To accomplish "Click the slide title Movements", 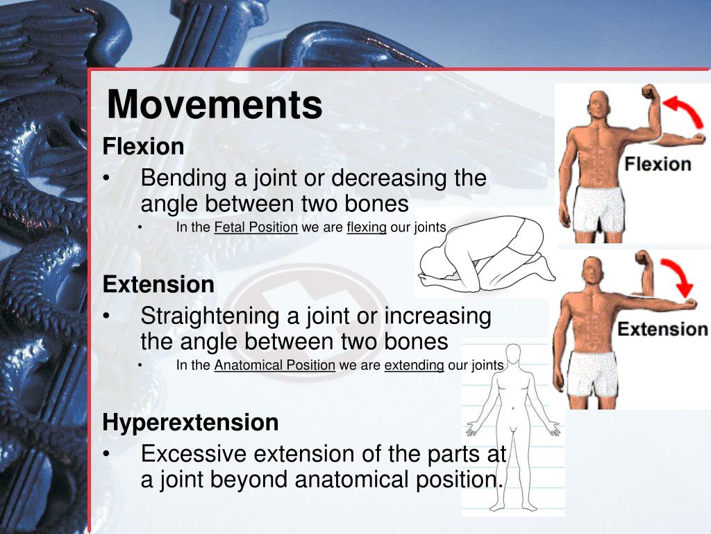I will [x=215, y=105].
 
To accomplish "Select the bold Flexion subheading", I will [x=143, y=147].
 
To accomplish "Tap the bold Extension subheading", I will [x=158, y=284].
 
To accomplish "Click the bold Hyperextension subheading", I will [x=190, y=422].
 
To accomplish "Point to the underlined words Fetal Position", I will [x=256, y=227].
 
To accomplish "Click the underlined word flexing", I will [x=367, y=227].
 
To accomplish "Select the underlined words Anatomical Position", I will [x=275, y=365].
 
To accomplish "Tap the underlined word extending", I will [x=415, y=365].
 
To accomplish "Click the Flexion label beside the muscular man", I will [x=657, y=165].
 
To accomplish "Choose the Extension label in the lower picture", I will [x=663, y=329].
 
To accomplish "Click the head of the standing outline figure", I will [x=513, y=355].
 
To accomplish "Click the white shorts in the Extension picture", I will [x=592, y=373].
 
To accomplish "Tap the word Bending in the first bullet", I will [x=184, y=179].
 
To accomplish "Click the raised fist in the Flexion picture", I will [x=649, y=92].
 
